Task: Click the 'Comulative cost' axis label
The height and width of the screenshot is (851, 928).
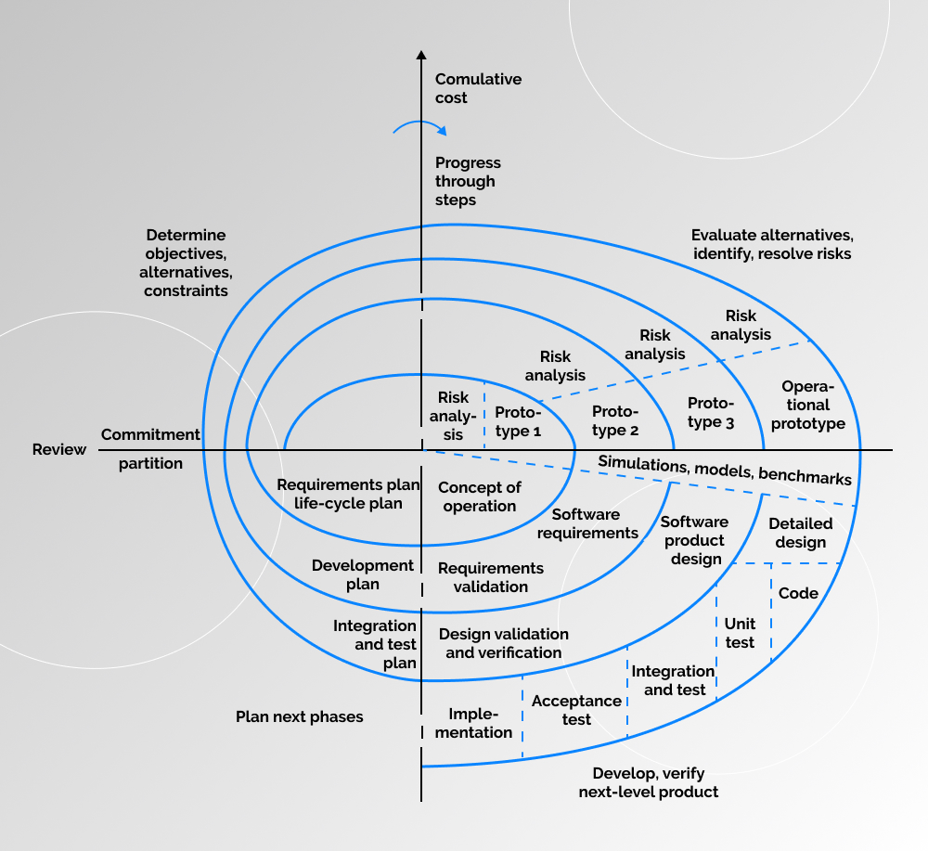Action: (478, 89)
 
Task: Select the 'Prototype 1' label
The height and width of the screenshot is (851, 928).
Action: (518, 421)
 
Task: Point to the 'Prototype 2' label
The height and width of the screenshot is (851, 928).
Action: (615, 420)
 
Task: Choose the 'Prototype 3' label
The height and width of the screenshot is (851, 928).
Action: (711, 412)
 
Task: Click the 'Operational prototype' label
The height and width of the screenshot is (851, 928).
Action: (808, 405)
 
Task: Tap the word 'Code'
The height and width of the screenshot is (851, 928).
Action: (798, 593)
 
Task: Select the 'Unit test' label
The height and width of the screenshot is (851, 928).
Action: (740, 633)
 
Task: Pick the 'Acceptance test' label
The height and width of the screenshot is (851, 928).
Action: (576, 710)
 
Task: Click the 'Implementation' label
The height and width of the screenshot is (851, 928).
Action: (480, 723)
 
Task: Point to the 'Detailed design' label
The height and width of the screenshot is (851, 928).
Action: (800, 533)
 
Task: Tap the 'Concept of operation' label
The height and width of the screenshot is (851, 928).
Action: (480, 496)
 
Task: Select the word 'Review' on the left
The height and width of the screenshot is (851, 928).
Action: (59, 450)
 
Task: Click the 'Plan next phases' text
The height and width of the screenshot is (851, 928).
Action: (299, 716)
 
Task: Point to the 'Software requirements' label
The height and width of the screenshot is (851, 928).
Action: (587, 523)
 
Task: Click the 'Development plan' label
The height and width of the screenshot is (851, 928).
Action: (363, 574)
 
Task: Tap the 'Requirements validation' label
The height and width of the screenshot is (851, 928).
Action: (491, 576)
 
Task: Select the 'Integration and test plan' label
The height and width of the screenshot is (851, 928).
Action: (375, 644)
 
